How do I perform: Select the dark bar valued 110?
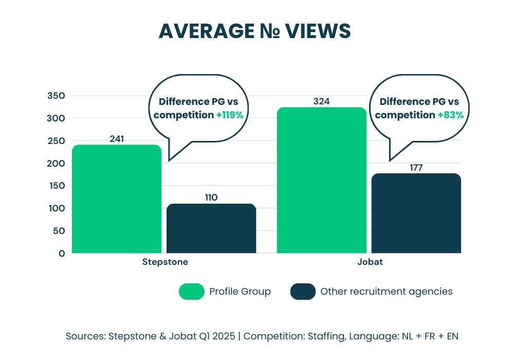[x=211, y=228]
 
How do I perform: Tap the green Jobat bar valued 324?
[x=321, y=180]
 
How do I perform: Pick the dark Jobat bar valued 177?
[x=416, y=213]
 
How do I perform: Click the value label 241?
[x=117, y=139]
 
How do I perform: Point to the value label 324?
[x=321, y=101]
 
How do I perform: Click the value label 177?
[x=416, y=168]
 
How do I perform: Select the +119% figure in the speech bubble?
[x=229, y=115]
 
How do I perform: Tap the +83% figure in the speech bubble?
[x=450, y=115]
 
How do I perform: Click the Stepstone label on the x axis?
[x=164, y=262]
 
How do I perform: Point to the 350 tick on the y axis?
[x=56, y=96]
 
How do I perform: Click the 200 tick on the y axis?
[x=56, y=164]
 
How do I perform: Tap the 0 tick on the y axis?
[x=61, y=253]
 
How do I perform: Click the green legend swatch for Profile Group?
[x=191, y=292]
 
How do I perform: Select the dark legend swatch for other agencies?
[x=303, y=292]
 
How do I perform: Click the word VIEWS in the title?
[x=319, y=32]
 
